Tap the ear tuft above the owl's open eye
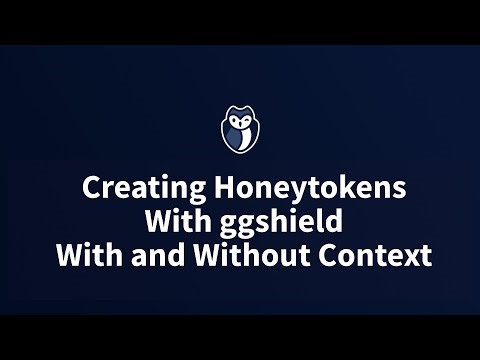pos(231,112)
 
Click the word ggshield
pos(271,222)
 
